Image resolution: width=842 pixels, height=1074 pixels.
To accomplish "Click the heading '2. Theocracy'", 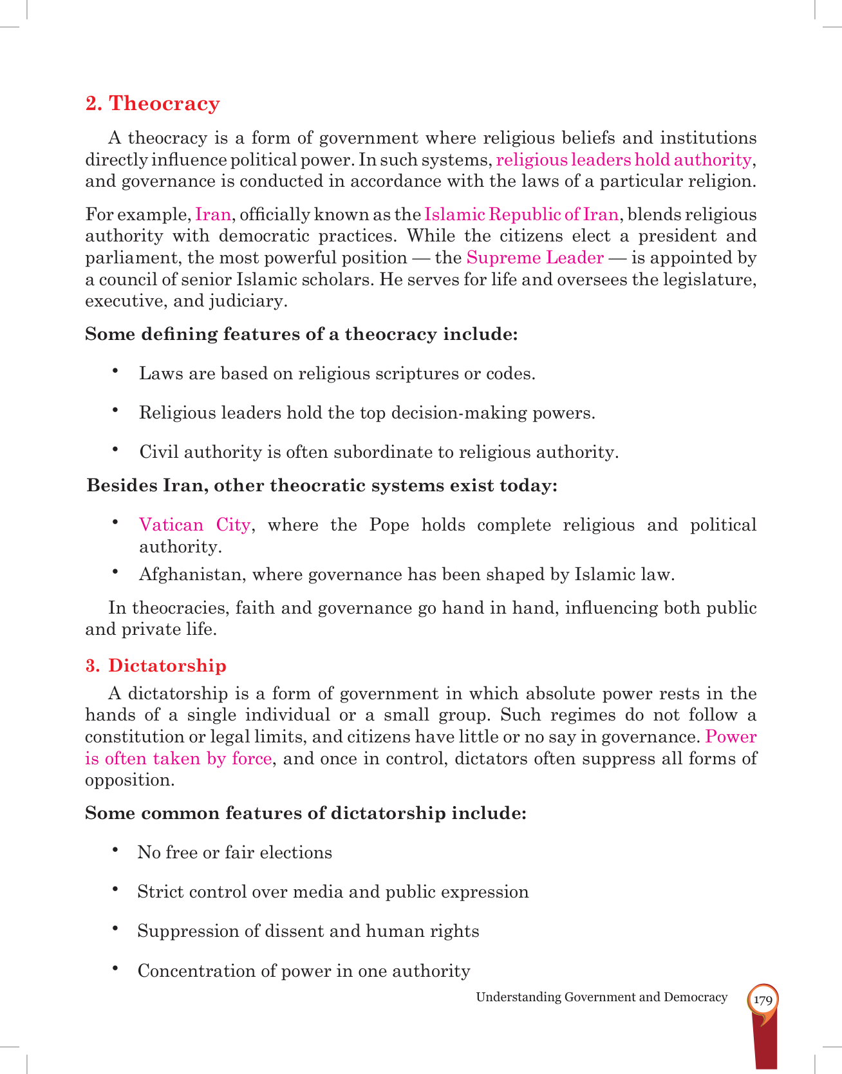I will (153, 104).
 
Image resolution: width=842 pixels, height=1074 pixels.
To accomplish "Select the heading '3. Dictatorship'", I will (156, 666).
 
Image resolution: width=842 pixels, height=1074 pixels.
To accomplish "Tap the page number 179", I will (763, 1001).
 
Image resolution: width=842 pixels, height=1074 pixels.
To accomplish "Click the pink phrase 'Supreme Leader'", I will (535, 258).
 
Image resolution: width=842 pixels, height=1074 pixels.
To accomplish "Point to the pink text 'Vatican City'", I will (194, 525).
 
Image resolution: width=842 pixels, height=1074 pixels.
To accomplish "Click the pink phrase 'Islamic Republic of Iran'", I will (521, 214).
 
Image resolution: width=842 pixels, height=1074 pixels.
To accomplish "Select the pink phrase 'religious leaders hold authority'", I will (623, 160).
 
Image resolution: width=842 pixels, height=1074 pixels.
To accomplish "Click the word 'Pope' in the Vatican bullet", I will (389, 525).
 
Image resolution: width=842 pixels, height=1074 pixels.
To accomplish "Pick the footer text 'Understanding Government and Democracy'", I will (601, 997).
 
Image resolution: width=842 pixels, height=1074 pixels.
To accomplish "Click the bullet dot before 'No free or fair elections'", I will (115, 850).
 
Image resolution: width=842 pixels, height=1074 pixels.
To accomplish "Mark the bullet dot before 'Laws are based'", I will (115, 371).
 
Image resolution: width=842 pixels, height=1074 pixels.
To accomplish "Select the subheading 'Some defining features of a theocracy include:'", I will (301, 335).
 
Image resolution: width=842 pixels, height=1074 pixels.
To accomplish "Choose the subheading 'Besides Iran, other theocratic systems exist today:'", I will (322, 485).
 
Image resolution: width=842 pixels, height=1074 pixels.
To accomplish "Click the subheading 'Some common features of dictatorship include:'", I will (306, 813).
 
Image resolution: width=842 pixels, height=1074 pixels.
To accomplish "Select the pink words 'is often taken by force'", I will (178, 758).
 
